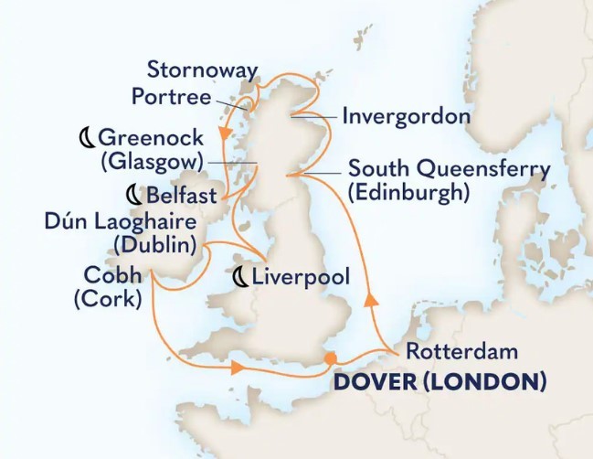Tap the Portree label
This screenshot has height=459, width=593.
172,97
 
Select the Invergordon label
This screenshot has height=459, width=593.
406,117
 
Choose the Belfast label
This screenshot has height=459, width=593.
182,195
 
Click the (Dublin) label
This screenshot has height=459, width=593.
154,244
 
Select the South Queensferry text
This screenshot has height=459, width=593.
449,169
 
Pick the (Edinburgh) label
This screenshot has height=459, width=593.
408,193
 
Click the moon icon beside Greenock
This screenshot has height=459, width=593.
85,138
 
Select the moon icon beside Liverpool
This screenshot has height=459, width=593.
241,276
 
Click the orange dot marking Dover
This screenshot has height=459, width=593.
330,358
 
